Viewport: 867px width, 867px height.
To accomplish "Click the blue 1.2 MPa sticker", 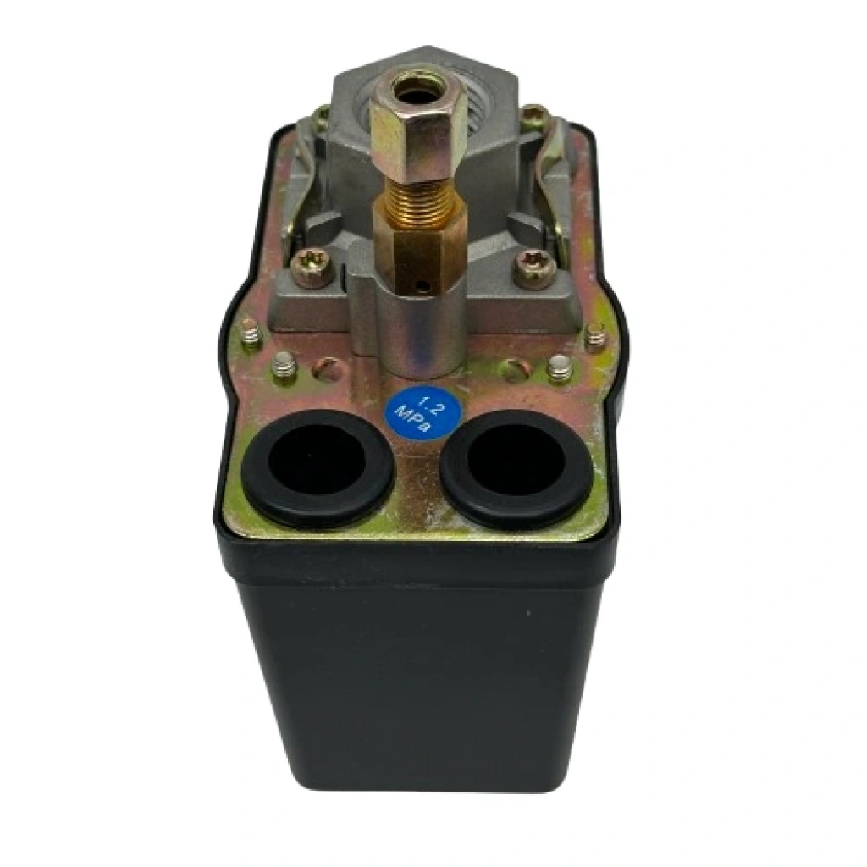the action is click(422, 414).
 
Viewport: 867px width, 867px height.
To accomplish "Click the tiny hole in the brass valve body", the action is click(423, 287).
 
